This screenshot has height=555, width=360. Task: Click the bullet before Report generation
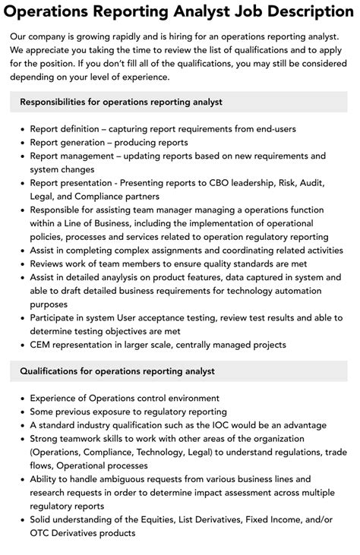click(22, 143)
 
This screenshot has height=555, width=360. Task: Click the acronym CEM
click(42, 345)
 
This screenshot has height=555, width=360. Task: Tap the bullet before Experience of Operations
click(22, 399)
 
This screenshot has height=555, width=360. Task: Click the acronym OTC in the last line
click(41, 533)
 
